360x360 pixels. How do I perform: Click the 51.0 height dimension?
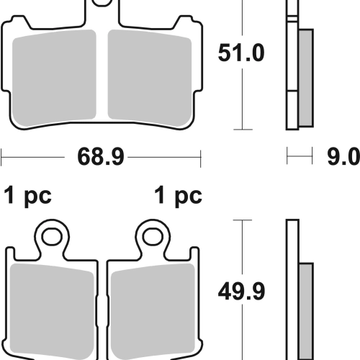(x=241, y=53)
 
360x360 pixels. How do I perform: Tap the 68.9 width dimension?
(x=101, y=157)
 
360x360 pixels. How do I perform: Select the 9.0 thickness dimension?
(x=343, y=157)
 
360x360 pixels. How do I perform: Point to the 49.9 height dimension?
(x=241, y=292)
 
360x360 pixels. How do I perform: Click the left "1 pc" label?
(x=27, y=196)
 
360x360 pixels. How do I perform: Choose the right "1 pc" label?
(x=178, y=196)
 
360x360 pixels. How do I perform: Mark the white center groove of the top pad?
(x=102, y=74)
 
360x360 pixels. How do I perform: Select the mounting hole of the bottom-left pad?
(x=52, y=237)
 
